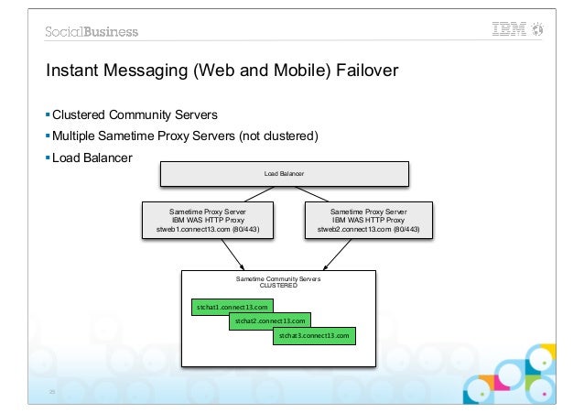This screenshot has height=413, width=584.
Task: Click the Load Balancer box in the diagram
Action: tap(285, 173)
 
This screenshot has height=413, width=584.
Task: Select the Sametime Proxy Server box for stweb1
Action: tap(207, 221)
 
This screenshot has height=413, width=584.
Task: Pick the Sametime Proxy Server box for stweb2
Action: tap(368, 221)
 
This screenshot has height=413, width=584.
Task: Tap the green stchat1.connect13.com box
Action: tap(232, 307)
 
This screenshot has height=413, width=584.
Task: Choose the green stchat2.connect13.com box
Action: tap(269, 321)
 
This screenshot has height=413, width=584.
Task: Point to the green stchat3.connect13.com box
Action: tap(314, 336)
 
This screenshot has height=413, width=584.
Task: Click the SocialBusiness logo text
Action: tap(92, 31)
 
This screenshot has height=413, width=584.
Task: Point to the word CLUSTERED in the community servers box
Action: tap(278, 285)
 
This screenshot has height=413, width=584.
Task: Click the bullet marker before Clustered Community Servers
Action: tap(48, 115)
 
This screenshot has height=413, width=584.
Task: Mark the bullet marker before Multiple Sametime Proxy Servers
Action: tap(48, 136)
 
